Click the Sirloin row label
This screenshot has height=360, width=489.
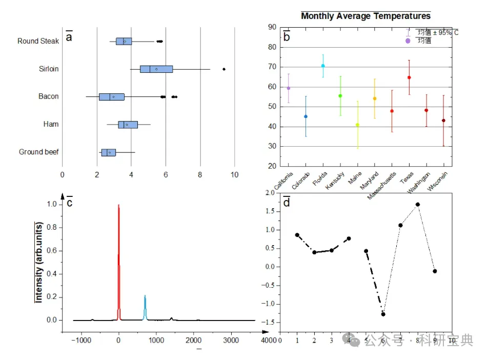coord(49,69)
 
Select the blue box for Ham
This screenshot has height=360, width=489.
coord(128,125)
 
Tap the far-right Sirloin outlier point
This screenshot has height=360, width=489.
coord(224,69)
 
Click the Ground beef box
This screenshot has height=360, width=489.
coord(108,152)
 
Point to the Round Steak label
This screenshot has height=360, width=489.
coord(38,41)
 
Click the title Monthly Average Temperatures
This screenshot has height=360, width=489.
coord(365,16)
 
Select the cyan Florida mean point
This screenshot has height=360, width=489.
coord(323,66)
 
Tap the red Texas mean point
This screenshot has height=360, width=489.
coord(409,77)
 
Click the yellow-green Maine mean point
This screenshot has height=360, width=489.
coord(357,125)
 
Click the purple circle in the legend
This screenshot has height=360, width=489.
coord(408,41)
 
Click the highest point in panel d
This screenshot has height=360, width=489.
coord(418,204)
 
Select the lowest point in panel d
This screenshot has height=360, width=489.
coord(383,314)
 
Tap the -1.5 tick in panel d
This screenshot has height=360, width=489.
coord(269,322)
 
